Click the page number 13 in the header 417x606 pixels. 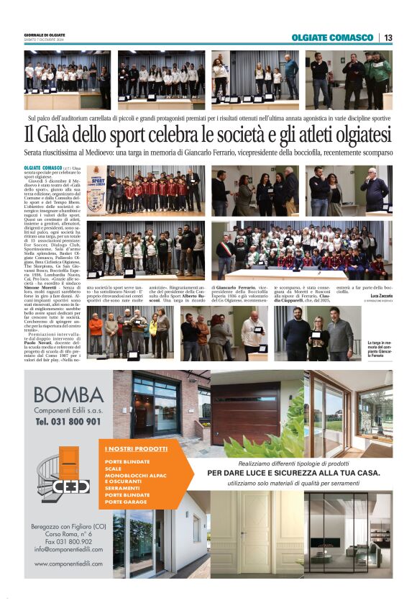coord(388,37)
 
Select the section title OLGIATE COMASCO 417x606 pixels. coord(334,37)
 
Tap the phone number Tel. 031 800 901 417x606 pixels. coord(68,422)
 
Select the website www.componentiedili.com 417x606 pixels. coord(68,564)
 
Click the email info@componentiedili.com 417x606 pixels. coord(68,549)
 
